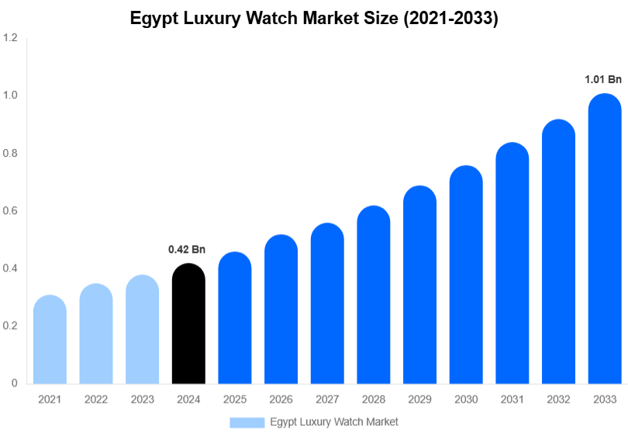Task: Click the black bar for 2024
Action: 188,326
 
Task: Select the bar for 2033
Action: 605,240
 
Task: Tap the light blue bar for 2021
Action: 50,341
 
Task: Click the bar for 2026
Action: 281,310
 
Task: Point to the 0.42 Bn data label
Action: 187,250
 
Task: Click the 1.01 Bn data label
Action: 603,79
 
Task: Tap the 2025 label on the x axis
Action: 234,399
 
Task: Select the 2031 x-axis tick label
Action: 512,399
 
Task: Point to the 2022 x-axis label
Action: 95,399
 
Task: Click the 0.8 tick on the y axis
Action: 10,153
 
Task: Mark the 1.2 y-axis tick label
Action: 10,37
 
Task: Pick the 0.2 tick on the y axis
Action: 10,326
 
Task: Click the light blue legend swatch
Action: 247,422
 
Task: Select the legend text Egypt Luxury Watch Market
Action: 334,422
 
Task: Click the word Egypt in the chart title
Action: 152,19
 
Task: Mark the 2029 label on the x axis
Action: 419,399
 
